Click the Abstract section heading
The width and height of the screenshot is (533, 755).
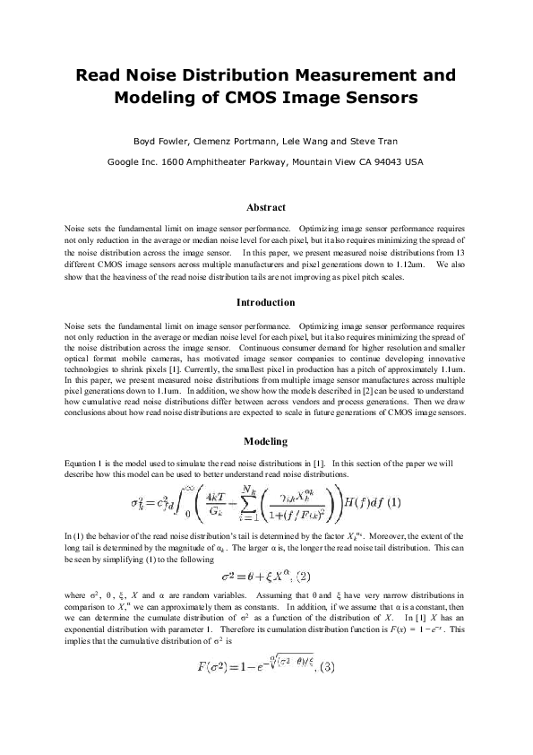click(266, 207)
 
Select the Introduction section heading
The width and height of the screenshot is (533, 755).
click(266, 302)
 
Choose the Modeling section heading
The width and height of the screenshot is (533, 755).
click(266, 441)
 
